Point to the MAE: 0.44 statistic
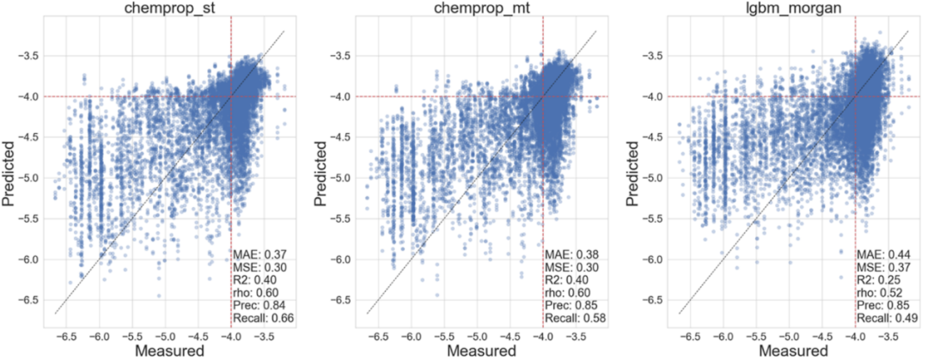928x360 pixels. (883, 254)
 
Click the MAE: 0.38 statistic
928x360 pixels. (571, 254)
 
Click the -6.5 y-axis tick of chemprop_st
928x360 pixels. (29, 299)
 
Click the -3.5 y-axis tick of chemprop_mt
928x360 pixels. (340, 56)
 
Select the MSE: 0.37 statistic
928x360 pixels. (883, 267)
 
